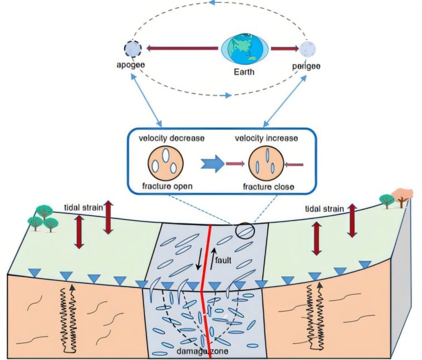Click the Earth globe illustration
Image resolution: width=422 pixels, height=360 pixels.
pyautogui.click(x=246, y=48)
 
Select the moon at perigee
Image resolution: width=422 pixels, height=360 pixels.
pyautogui.click(x=308, y=49)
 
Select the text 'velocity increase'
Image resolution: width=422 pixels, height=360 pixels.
pyautogui.click(x=265, y=138)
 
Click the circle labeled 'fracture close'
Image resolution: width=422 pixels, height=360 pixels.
pyautogui.click(x=264, y=164)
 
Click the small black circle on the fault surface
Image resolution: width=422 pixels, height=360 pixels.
pyautogui.click(x=245, y=230)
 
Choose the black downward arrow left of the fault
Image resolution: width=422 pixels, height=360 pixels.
pyautogui.click(x=199, y=260)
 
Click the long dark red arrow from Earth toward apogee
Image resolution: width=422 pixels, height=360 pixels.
pyautogui.click(x=184, y=48)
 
